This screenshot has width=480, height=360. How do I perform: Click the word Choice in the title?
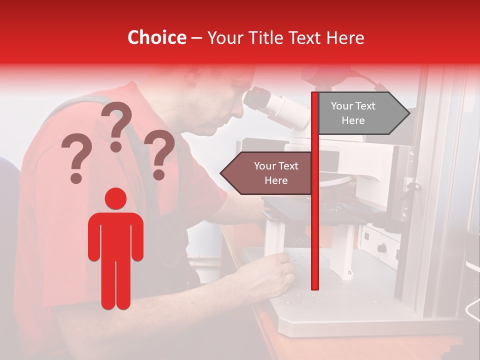156,37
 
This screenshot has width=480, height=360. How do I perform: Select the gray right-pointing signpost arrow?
362,113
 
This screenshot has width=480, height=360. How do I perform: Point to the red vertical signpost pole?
315,225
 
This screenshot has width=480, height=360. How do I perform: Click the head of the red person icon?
115,198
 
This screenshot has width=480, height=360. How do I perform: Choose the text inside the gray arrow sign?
353,113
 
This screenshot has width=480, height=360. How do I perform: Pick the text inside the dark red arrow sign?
276,173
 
